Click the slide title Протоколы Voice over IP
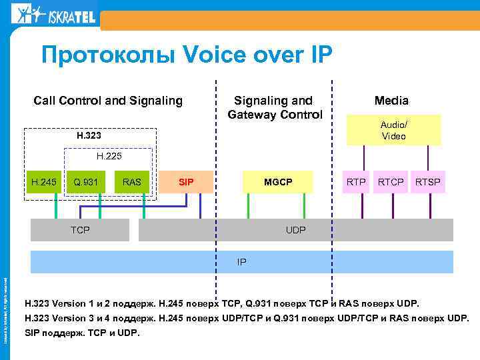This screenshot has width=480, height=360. (186, 55)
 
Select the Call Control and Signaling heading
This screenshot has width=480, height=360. (108, 101)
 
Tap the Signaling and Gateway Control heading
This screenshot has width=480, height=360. (274, 107)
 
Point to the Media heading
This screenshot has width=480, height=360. (391, 101)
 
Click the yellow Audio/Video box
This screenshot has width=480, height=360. (393, 130)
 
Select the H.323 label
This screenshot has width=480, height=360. (89, 136)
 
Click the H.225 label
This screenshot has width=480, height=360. (107, 157)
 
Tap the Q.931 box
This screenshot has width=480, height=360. (86, 181)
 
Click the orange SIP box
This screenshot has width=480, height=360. (187, 181)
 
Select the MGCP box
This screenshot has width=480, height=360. (278, 181)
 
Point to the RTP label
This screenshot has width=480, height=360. (357, 181)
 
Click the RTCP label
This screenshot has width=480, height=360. (391, 181)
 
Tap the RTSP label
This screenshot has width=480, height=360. (428, 181)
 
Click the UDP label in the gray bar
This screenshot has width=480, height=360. (295, 230)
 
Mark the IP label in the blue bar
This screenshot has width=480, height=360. (241, 262)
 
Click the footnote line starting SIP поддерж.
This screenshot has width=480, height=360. (83, 332)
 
